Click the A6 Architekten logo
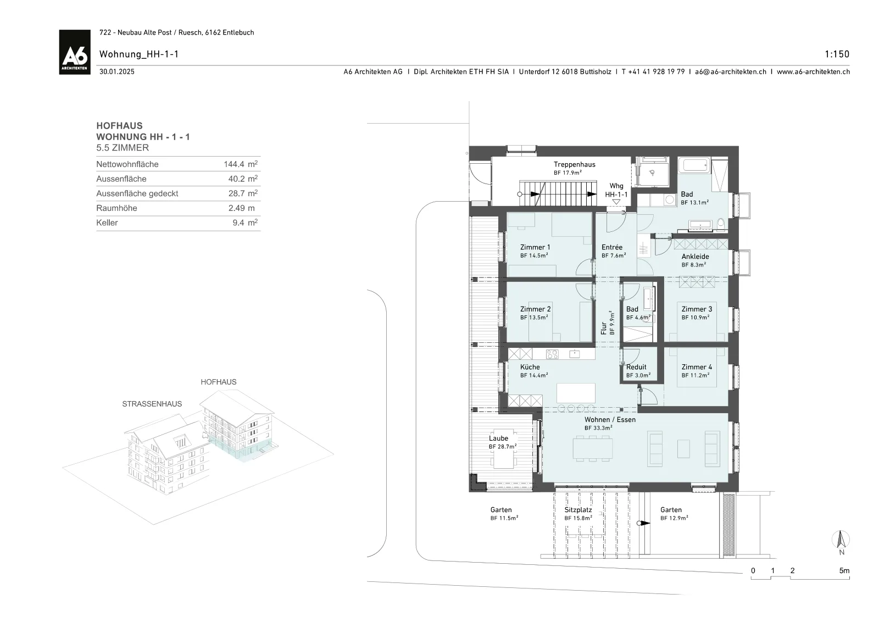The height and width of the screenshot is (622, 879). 75,52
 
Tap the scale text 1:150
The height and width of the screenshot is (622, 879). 837,54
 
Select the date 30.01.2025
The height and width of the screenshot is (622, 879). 117,72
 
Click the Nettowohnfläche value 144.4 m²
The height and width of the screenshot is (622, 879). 241,164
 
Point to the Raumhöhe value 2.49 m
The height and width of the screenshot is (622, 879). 241,208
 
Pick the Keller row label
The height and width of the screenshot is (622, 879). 107,223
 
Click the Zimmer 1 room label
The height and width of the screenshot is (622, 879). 535,247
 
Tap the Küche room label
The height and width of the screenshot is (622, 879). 530,367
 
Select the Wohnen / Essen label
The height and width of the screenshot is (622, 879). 610,419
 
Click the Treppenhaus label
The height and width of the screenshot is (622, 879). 575,164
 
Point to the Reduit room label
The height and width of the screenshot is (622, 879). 636,367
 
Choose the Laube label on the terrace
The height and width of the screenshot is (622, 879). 498,438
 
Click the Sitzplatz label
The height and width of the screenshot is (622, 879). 578,510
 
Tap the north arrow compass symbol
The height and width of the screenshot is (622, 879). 841,540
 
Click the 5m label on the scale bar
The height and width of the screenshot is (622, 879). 844,570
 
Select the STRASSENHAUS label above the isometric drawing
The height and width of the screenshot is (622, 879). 152,404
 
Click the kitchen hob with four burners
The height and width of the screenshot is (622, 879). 552,354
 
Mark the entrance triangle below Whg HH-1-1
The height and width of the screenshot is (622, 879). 616,202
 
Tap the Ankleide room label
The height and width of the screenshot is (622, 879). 695,257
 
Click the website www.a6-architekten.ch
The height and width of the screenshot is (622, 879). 813,72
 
